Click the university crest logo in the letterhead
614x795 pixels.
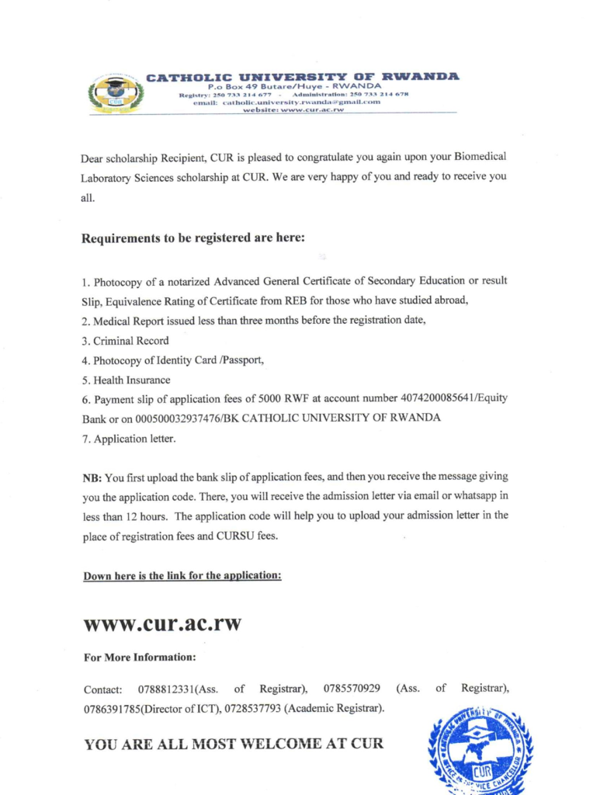116,95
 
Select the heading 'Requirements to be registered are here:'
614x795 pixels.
193,238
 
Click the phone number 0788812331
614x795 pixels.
165,689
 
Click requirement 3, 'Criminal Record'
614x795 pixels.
125,341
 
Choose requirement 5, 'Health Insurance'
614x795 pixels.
126,380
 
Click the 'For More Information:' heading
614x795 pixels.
140,658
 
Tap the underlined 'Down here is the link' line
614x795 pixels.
182,575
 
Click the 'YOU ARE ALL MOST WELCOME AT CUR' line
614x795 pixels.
234,744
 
